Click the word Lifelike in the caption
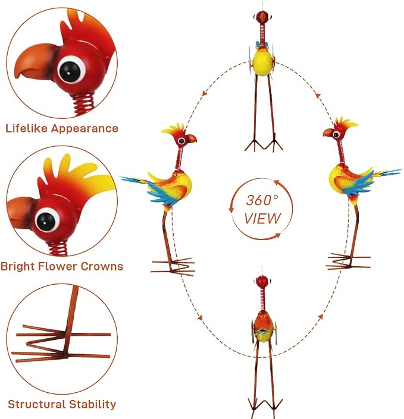[x=27, y=128]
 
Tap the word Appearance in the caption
[x=85, y=129]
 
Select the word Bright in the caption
[x=18, y=266]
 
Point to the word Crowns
[x=102, y=266]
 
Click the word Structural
[x=37, y=404]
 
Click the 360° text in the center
[x=262, y=200]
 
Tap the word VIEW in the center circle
[x=262, y=219]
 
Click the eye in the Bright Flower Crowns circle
[x=47, y=220]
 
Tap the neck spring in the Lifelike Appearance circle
[x=84, y=103]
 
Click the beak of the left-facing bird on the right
[x=328, y=133]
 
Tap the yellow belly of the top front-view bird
[x=263, y=62]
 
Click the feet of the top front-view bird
[x=264, y=146]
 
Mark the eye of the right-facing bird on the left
[x=182, y=141]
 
